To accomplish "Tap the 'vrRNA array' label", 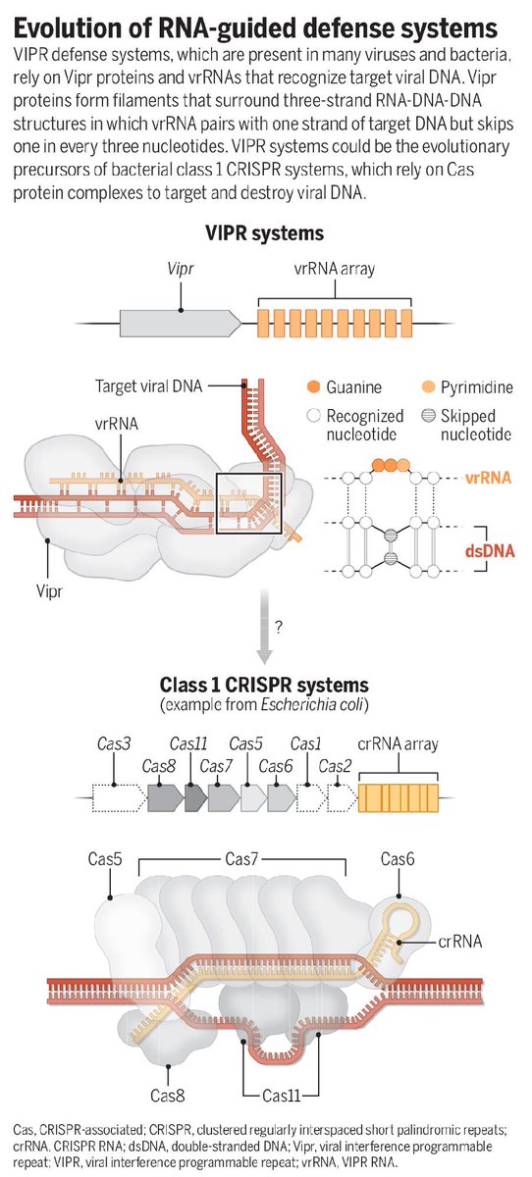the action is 335,269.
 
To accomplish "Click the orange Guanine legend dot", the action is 313,387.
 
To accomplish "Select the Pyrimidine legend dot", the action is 428,387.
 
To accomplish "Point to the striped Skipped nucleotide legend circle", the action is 428,416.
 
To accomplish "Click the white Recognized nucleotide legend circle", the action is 313,416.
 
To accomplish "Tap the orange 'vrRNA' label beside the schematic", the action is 489,478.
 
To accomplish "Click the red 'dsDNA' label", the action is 490,551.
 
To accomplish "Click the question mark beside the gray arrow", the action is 278,627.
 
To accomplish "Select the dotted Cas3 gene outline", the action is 119,798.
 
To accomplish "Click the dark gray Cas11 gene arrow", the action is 195,798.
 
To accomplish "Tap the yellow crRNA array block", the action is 398,798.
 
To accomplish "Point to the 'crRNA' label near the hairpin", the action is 460,941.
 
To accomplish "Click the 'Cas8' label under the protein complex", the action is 167,1095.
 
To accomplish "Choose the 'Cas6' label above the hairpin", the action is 398,859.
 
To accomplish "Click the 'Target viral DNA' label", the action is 149,386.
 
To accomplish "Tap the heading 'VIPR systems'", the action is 264,233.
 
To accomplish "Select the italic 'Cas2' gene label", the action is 335,766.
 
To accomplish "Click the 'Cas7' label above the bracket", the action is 241,859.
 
